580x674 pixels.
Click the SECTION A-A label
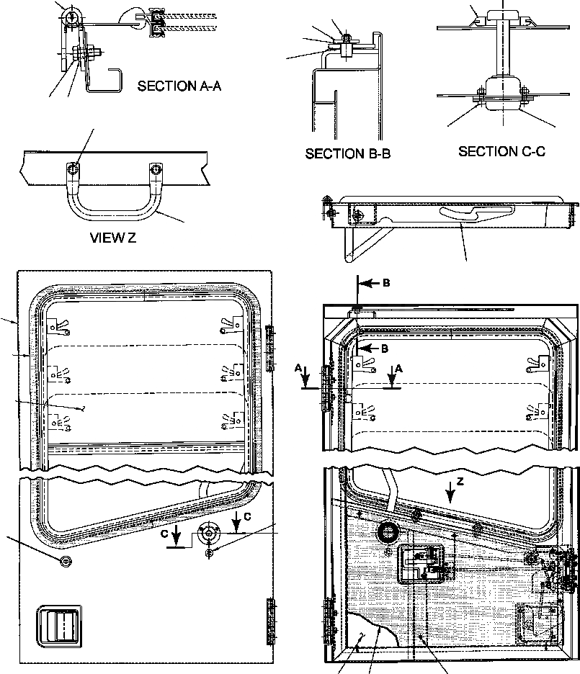[179, 86]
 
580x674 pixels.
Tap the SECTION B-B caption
[347, 153]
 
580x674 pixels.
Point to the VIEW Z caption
[113, 239]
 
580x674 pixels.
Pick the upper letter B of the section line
[386, 283]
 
